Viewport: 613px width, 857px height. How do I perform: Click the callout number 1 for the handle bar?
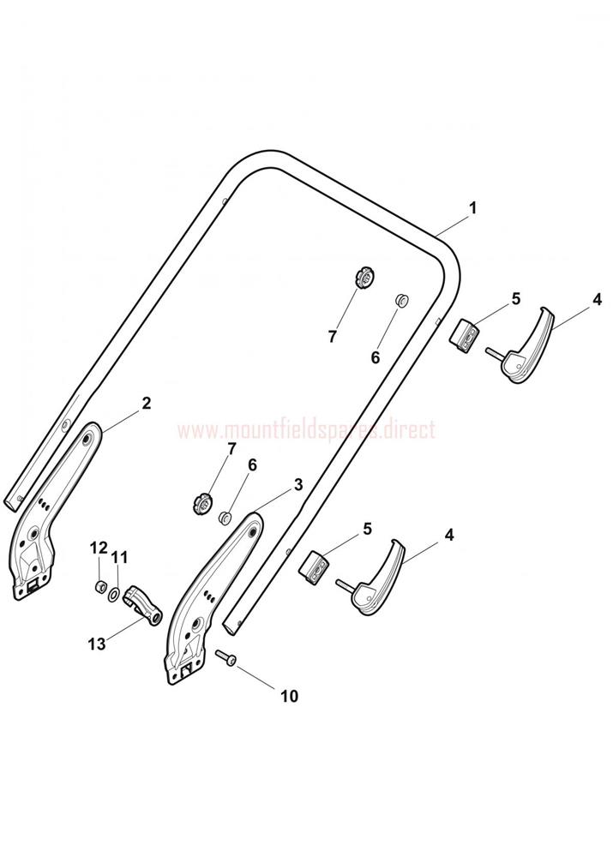coord(473,208)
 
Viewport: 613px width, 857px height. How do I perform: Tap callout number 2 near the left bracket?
coord(146,404)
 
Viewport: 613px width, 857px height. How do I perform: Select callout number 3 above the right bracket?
coord(298,484)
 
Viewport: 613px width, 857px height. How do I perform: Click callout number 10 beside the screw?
coord(289,696)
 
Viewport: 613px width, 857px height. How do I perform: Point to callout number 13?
coord(97,644)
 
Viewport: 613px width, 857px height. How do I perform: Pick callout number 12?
coord(99,547)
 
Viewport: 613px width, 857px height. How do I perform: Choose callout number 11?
coord(119,558)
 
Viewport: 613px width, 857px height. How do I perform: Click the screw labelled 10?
coord(225,657)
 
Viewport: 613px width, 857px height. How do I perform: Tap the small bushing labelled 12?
coord(100,588)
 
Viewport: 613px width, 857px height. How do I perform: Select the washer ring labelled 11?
coord(114,593)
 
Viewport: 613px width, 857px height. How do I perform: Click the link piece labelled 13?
coord(144,606)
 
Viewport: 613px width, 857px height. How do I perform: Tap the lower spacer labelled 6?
coord(225,517)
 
